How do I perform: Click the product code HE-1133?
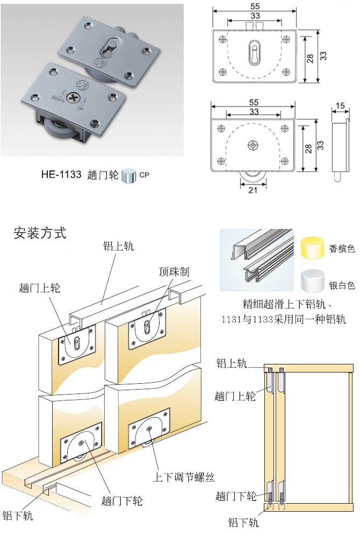(x=61, y=175)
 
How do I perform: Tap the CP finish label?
(x=145, y=175)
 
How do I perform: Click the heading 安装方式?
(x=40, y=233)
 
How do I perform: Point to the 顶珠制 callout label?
(x=174, y=271)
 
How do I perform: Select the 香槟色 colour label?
(x=342, y=249)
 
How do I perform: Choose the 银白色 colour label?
(x=342, y=285)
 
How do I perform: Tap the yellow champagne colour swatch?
(x=312, y=248)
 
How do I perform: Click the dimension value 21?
(x=253, y=190)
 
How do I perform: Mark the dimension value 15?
(x=339, y=106)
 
